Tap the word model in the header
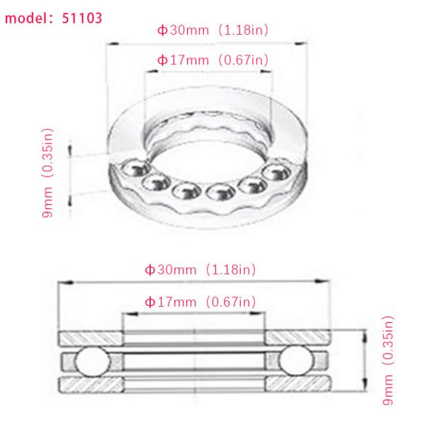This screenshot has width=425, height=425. tap(28, 18)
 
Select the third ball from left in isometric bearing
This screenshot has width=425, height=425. tap(185, 191)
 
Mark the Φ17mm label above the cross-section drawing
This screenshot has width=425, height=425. tap(170, 302)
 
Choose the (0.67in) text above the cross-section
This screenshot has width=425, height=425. tap(229, 302)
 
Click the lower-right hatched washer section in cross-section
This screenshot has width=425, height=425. tap(297, 385)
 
